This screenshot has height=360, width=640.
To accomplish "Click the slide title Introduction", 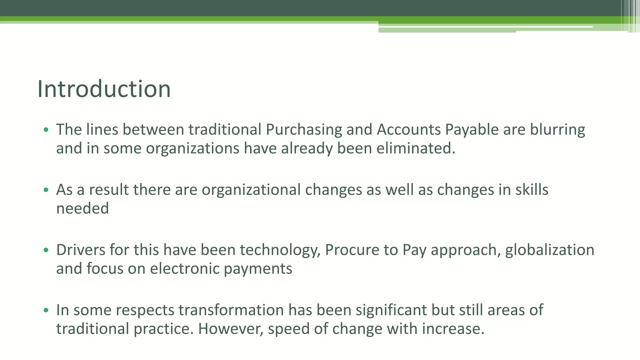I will (x=104, y=89).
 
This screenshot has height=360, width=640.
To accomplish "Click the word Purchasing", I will (x=304, y=130).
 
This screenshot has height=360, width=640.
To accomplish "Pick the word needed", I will (x=82, y=208).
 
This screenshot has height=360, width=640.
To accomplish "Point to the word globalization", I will (x=550, y=250).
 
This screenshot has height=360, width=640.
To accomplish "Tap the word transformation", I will (x=231, y=310).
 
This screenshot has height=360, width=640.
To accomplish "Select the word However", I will (x=231, y=329).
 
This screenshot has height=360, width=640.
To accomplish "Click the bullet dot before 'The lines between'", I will (x=46, y=130).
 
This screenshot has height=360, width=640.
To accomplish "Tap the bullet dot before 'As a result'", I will (x=46, y=190).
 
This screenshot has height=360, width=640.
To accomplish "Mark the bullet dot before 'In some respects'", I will (x=46, y=310).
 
